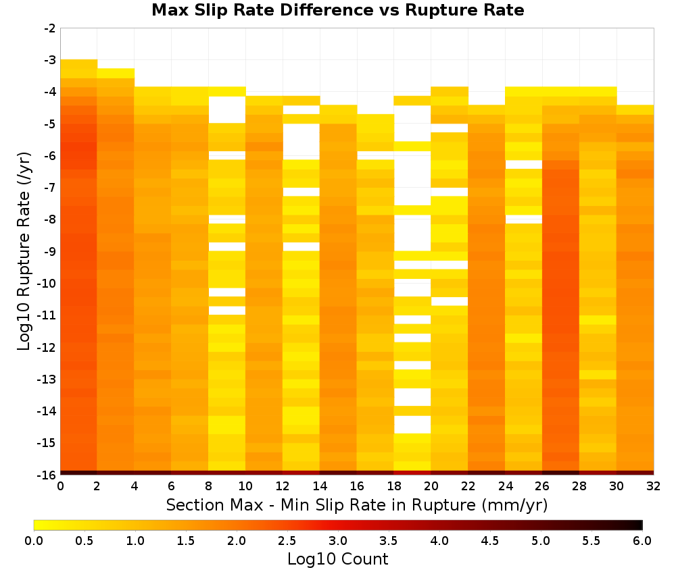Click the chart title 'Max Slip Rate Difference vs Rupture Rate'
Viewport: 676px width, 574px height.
pos(337,10)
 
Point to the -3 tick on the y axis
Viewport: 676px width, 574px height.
pos(50,60)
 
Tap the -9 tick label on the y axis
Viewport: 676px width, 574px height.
pos(50,251)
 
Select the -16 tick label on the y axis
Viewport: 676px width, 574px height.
pos(47,475)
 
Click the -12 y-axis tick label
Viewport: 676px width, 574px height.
pos(47,348)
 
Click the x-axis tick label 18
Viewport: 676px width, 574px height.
pos(394,486)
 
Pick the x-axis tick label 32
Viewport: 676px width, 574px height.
pos(654,486)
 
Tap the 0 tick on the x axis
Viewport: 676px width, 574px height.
pos(60,486)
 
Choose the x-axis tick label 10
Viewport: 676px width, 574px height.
pos(245,486)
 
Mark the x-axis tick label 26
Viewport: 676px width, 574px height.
pos(542,486)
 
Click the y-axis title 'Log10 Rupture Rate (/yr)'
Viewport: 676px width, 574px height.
pos(24,251)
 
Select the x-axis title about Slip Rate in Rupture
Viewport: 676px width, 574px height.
pos(357,505)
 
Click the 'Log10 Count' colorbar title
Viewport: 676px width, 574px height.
pos(337,559)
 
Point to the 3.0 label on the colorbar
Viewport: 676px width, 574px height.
pos(338,540)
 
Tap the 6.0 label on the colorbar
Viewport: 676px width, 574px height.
pos(642,540)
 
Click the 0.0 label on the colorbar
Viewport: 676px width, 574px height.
pos(34,540)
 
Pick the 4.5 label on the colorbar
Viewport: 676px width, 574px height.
pos(490,540)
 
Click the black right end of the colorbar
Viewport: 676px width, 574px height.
pos(641,525)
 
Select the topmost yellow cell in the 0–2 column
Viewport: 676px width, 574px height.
pos(79,64)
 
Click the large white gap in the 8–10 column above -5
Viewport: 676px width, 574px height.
pos(227,110)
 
